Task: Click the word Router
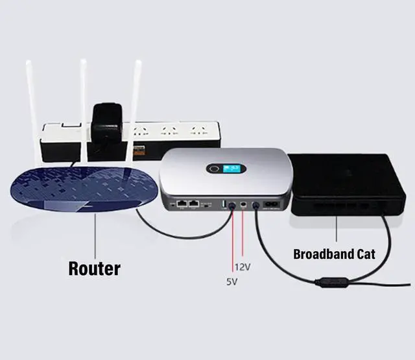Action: click(x=94, y=267)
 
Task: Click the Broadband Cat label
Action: click(x=334, y=254)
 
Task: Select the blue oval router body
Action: click(x=78, y=191)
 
